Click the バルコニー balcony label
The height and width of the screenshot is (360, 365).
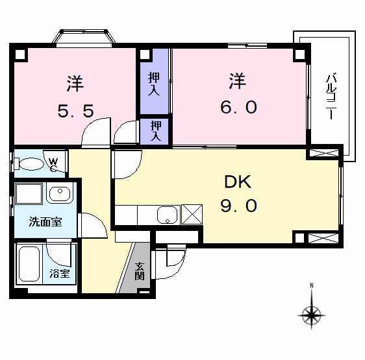pyautogui.click(x=330, y=96)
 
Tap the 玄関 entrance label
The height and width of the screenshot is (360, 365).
pyautogui.click(x=140, y=270)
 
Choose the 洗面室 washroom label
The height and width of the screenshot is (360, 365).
pyautogui.click(x=45, y=222)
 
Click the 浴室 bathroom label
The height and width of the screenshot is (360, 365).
pyautogui.click(x=60, y=274)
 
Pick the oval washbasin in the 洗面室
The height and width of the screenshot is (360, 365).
pyautogui.click(x=60, y=194)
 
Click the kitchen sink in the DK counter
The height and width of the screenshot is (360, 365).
pyautogui.click(x=168, y=215)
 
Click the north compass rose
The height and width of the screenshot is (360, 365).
pyautogui.click(x=312, y=315)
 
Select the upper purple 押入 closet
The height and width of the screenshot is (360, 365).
pyautogui.click(x=154, y=80)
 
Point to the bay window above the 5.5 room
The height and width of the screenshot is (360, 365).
pyautogui.click(x=84, y=36)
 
